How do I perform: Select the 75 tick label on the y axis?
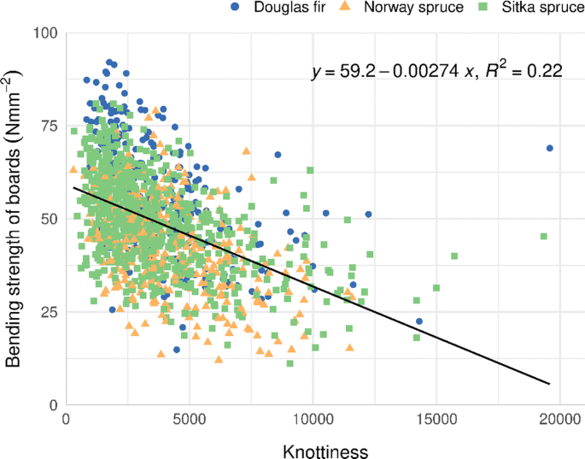(48, 126)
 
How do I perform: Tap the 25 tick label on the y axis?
(48, 312)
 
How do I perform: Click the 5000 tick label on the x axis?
(190, 421)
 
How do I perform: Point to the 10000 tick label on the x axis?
(313, 421)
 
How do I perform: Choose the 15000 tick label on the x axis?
(436, 421)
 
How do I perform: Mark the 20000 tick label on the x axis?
(559, 421)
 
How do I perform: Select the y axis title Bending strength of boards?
(15, 218)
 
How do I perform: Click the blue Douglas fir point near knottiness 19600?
(550, 148)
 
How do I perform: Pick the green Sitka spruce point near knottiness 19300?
(543, 236)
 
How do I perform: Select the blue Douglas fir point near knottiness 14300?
(419, 321)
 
